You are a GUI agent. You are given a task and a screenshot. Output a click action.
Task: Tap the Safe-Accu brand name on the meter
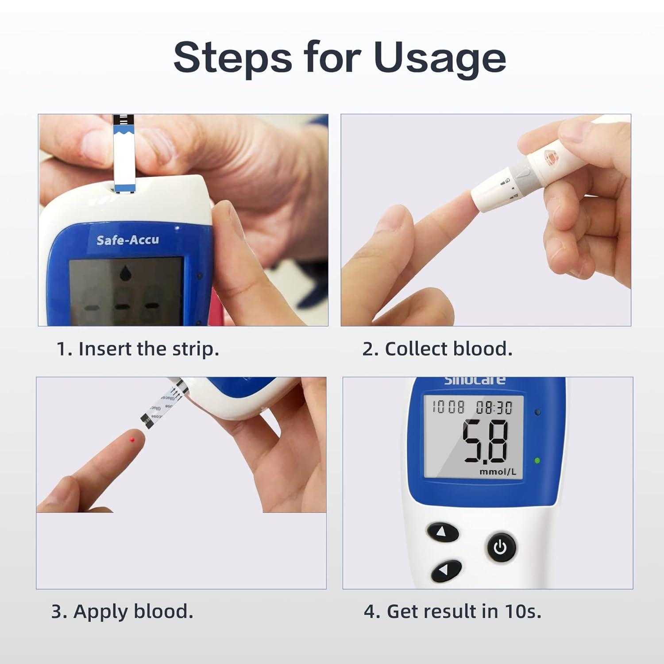(x=127, y=240)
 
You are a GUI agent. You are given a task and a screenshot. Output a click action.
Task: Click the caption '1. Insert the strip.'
(x=138, y=349)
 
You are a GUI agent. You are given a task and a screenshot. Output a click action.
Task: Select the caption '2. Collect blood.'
(x=437, y=349)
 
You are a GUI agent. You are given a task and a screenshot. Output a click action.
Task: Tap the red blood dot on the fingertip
(x=132, y=440)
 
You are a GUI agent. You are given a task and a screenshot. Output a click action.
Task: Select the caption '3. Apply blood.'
(x=122, y=611)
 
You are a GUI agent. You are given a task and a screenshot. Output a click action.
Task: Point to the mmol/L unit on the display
(x=498, y=472)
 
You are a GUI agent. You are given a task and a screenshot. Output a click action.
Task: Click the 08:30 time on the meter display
(x=494, y=407)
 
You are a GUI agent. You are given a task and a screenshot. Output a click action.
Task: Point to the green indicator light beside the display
(x=537, y=460)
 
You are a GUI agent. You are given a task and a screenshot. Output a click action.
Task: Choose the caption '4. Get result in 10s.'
(x=452, y=611)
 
